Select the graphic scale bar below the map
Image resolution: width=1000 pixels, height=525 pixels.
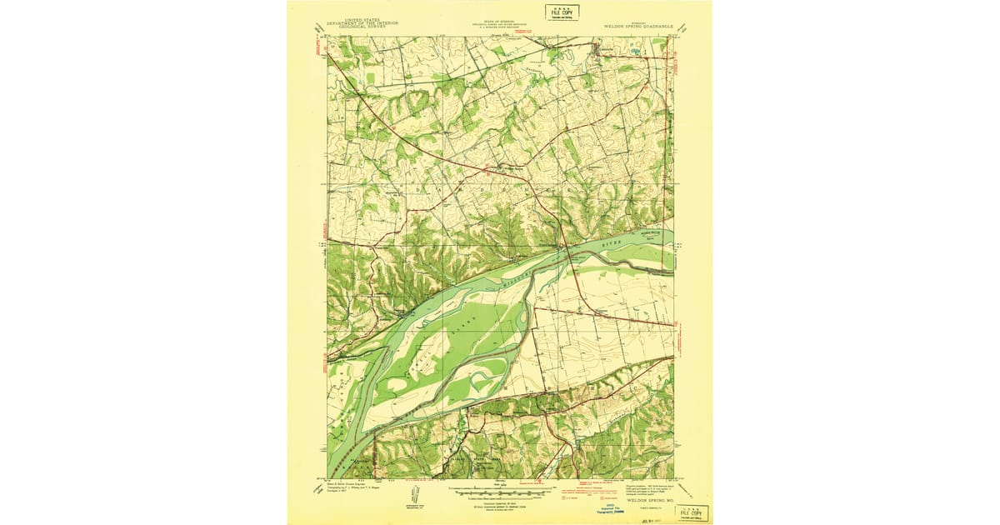(498, 493)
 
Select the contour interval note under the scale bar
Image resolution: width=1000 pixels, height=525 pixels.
(498, 502)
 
